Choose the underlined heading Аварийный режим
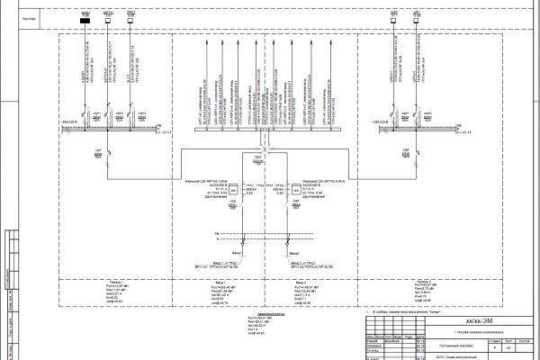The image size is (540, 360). [x=257, y=312]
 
